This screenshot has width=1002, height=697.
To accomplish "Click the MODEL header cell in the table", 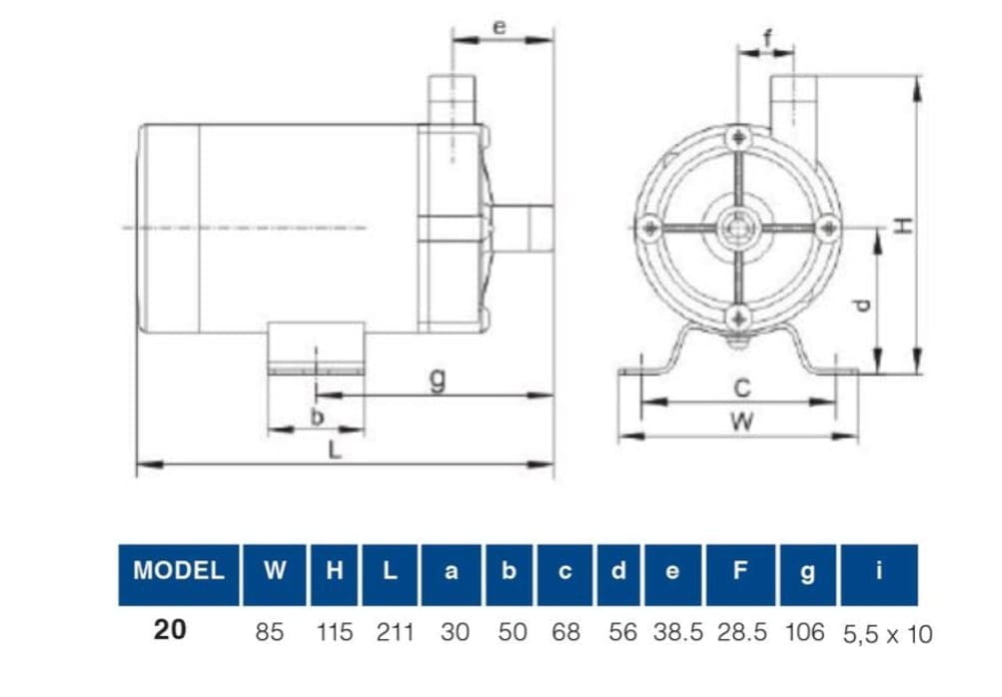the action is [178, 574].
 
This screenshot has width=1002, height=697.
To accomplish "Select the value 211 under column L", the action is [395, 632].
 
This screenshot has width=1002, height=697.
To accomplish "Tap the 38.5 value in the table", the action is [678, 632].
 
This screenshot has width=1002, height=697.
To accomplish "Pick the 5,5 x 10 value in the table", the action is [887, 634].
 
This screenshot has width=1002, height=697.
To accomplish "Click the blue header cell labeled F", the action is [740, 574].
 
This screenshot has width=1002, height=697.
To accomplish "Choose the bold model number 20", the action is [170, 630].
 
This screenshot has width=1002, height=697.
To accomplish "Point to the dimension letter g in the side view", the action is [438, 378].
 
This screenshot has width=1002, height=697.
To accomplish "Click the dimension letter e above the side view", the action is [500, 27].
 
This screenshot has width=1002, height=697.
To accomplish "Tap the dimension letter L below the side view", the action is [335, 450].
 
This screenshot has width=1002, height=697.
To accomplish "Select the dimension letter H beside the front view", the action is [903, 225].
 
